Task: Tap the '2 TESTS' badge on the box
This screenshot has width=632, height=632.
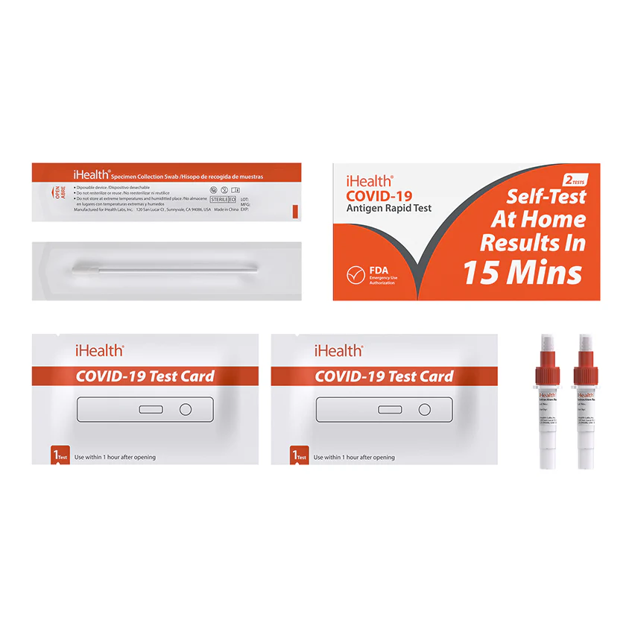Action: pyautogui.click(x=575, y=180)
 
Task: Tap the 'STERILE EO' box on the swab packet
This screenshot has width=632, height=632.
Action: pyautogui.click(x=223, y=199)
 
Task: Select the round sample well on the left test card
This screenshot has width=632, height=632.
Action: pyautogui.click(x=186, y=409)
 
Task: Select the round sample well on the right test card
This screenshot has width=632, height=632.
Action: pyautogui.click(x=424, y=409)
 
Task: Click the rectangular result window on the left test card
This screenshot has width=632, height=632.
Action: pyautogui.click(x=151, y=409)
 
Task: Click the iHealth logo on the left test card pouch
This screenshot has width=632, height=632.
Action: pyautogui.click(x=99, y=350)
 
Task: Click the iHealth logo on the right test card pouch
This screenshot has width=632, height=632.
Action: pyautogui.click(x=338, y=350)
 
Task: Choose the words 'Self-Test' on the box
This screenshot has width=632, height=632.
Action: pyautogui.click(x=546, y=197)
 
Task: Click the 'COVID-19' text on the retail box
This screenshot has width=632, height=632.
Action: pyautogui.click(x=379, y=195)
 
